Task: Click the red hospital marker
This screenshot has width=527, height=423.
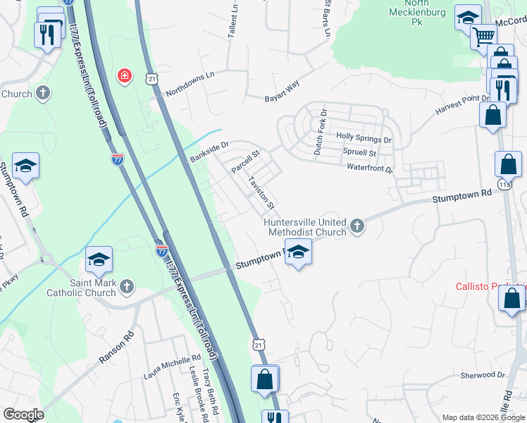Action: tap(125, 75)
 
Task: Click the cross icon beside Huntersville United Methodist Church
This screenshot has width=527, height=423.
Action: tap(357, 226)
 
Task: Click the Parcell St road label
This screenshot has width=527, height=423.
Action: tap(246, 161)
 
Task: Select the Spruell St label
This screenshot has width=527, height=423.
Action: tap(359, 152)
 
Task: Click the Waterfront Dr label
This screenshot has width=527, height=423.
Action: tap(370, 168)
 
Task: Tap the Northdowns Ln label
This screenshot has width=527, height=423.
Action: tap(190, 84)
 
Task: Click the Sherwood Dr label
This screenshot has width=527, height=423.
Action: tap(483, 376)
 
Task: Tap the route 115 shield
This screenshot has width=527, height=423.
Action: tap(504, 184)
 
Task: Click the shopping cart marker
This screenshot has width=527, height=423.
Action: tap(483, 36)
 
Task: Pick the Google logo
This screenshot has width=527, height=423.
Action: tap(23, 415)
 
